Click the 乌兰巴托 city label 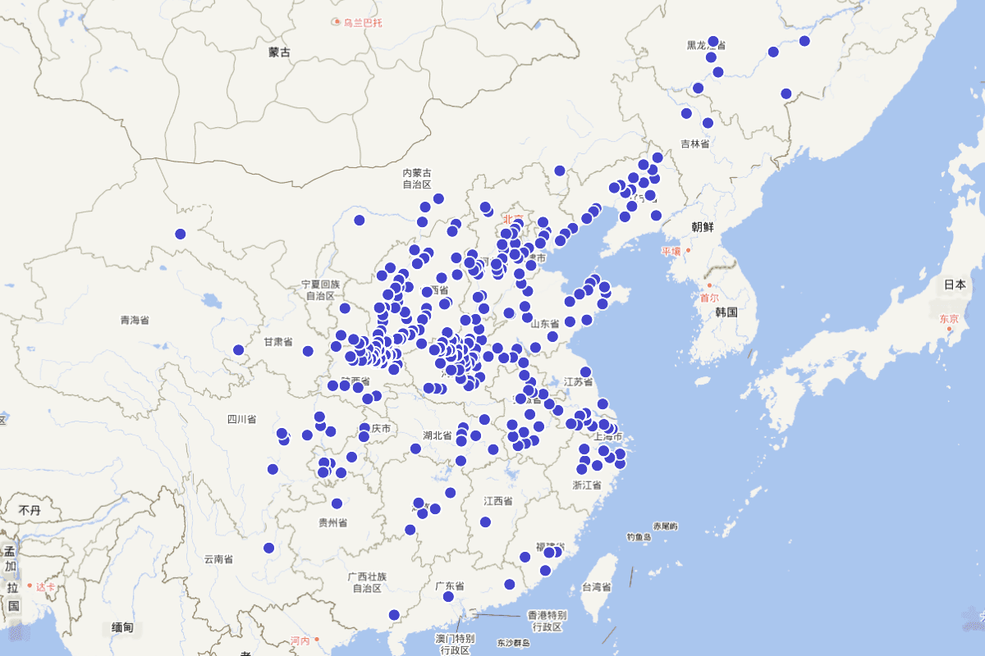[x=362, y=22]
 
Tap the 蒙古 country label [x=279, y=52]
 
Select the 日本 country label [x=955, y=285]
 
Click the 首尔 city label [x=709, y=298]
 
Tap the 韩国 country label [x=726, y=312]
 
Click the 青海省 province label [x=135, y=321]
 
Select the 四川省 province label [x=241, y=420]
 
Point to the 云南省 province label [x=218, y=559]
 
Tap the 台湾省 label [x=597, y=587]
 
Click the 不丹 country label [x=30, y=510]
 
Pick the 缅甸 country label [x=122, y=628]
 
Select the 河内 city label [x=300, y=640]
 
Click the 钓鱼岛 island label [x=638, y=537]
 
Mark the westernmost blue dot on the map [x=181, y=234]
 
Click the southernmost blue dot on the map [x=394, y=614]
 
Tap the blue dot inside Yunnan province [x=268, y=548]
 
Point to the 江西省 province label [x=497, y=500]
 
